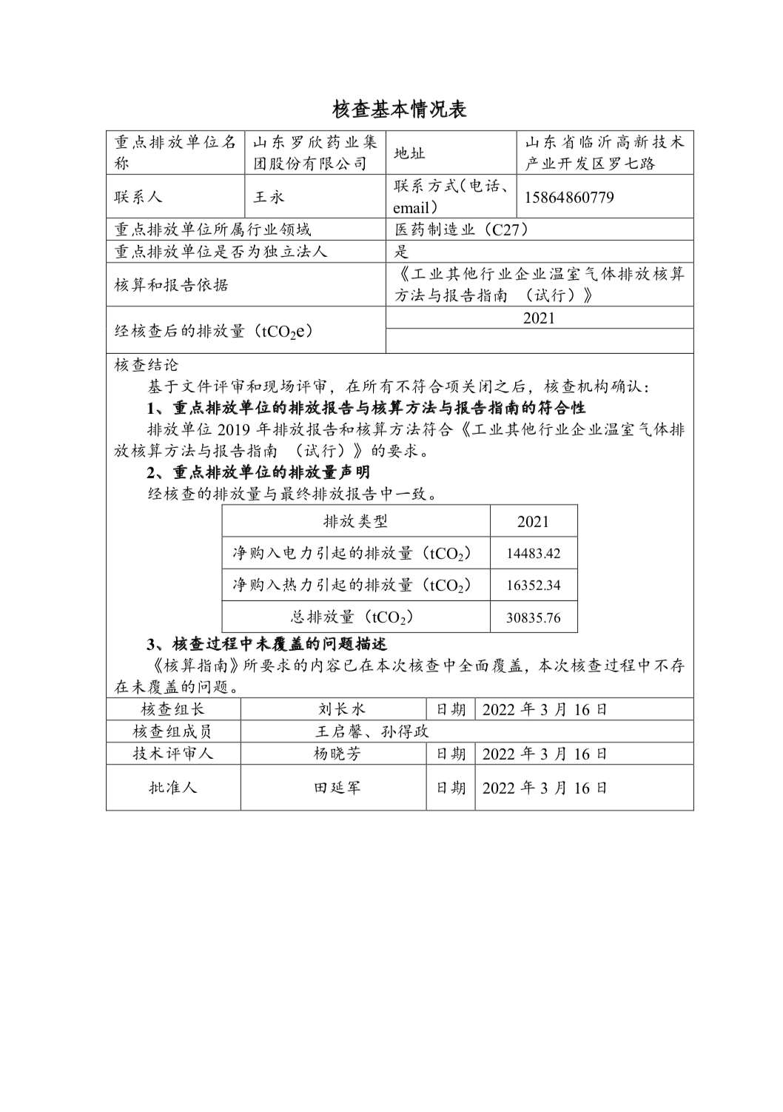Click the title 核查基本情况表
[x=400, y=110]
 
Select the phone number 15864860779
[x=569, y=198]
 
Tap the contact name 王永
[x=269, y=197]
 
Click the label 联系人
[x=138, y=197]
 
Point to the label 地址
[x=409, y=153]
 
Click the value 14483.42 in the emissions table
[x=534, y=553]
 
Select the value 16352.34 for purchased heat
[x=534, y=585]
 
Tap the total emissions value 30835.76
[x=534, y=617]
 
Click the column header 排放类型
[x=356, y=521]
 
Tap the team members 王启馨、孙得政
[x=372, y=731]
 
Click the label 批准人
[x=173, y=787]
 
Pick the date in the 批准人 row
[x=545, y=788]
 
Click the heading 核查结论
[x=147, y=365]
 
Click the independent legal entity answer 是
[x=401, y=252]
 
